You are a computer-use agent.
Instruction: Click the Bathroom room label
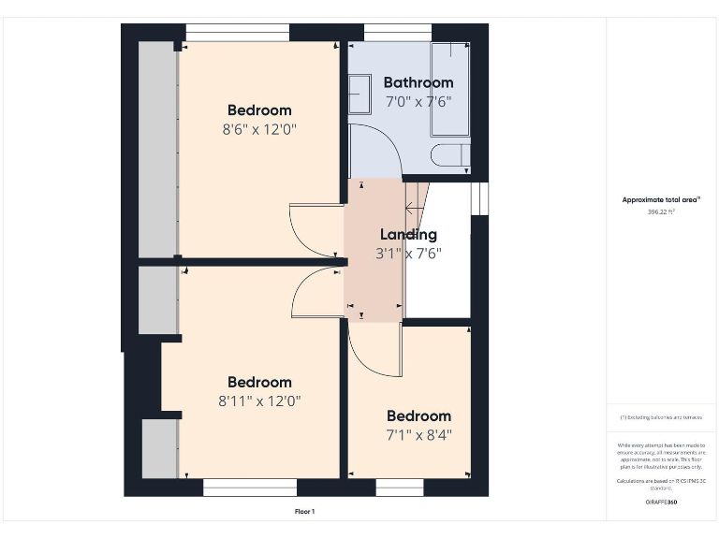click(x=418, y=82)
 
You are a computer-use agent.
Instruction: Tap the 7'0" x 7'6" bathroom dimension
click(x=418, y=101)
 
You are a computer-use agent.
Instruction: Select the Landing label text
click(x=408, y=235)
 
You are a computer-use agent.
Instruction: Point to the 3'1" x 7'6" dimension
click(x=408, y=253)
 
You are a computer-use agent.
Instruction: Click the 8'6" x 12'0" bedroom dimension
click(x=259, y=129)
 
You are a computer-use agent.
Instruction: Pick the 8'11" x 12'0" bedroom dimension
click(x=259, y=401)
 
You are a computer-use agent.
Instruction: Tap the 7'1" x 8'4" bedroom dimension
click(x=418, y=434)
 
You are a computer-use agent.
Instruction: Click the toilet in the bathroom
click(x=450, y=154)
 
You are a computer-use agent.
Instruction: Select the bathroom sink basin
click(x=359, y=95)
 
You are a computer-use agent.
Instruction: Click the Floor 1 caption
click(x=305, y=512)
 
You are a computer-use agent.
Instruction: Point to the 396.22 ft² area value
click(x=661, y=212)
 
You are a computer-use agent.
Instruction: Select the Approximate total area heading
click(x=661, y=199)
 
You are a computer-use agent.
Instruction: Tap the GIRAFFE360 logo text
click(x=661, y=503)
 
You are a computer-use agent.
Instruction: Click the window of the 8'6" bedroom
click(x=237, y=34)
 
